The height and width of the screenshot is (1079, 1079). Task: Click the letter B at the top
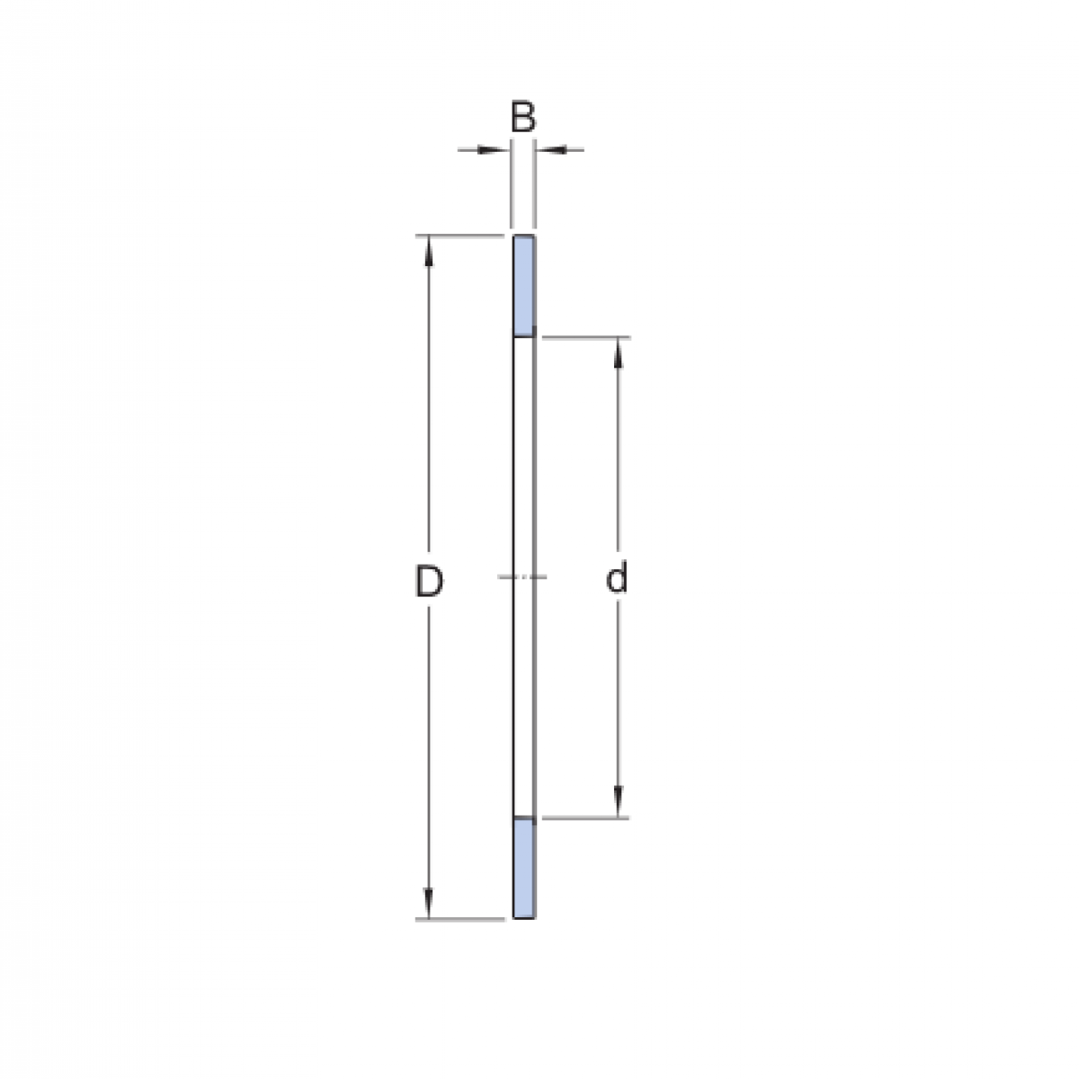pos(523,118)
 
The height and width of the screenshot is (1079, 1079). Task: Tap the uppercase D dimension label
pos(429,582)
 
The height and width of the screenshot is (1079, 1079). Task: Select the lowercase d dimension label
pos(617,579)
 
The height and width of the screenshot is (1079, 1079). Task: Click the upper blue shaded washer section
pos(524,284)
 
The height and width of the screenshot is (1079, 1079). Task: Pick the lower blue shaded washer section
pos(524,868)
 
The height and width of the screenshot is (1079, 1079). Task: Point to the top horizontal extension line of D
pos(459,236)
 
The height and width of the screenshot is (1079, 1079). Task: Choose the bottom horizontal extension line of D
pos(459,919)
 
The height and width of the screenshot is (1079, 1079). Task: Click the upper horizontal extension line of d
pos(584,338)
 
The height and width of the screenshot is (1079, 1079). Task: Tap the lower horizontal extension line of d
pos(584,818)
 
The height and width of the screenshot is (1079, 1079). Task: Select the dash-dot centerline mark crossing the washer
pos(522,576)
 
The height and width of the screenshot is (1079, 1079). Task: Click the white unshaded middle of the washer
pos(523,468)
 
